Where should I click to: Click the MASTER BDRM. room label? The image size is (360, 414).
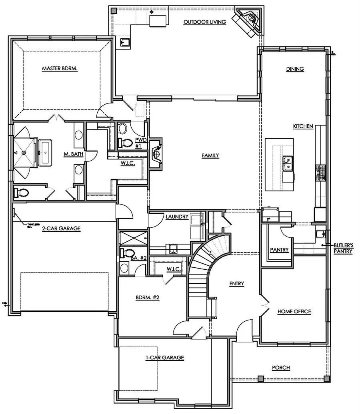click(60, 68)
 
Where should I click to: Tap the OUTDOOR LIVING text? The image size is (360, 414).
click(205, 22)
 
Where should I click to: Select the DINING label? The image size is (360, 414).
click(295, 69)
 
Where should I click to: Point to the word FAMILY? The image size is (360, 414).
click(210, 155)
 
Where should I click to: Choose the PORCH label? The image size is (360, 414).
click(281, 367)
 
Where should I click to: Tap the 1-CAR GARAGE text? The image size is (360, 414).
click(164, 358)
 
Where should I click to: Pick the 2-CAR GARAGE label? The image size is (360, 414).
click(61, 229)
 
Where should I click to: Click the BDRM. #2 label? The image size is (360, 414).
click(148, 297)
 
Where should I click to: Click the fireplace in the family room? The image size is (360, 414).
click(157, 153)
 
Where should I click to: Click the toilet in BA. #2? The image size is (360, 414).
click(128, 253)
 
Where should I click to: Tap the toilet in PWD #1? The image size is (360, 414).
click(126, 142)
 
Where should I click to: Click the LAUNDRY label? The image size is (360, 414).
click(177, 217)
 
